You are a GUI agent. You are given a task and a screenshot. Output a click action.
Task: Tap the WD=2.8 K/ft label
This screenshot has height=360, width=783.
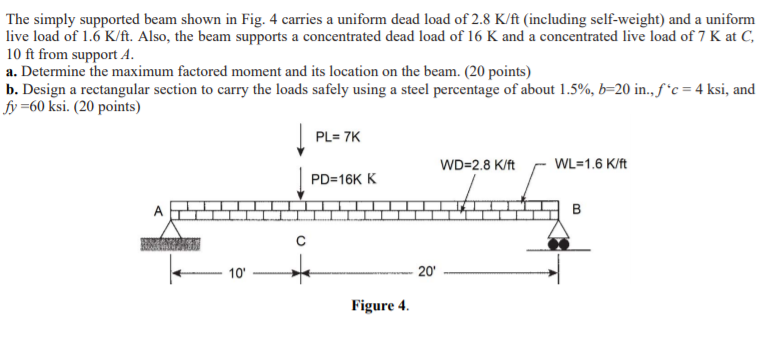[x=477, y=164]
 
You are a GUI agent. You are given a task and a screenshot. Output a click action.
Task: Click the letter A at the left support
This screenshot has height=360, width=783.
[x=157, y=212]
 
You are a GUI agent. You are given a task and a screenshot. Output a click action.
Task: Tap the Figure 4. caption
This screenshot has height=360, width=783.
[x=380, y=305]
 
